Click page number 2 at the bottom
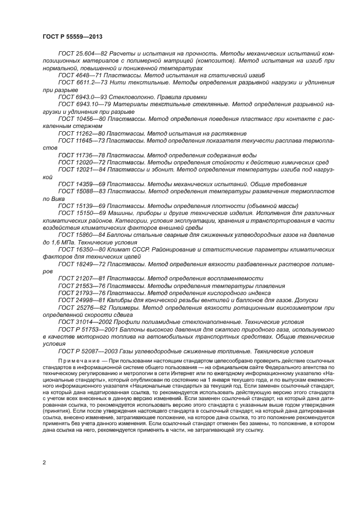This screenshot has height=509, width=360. pyautogui.click(x=44, y=462)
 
